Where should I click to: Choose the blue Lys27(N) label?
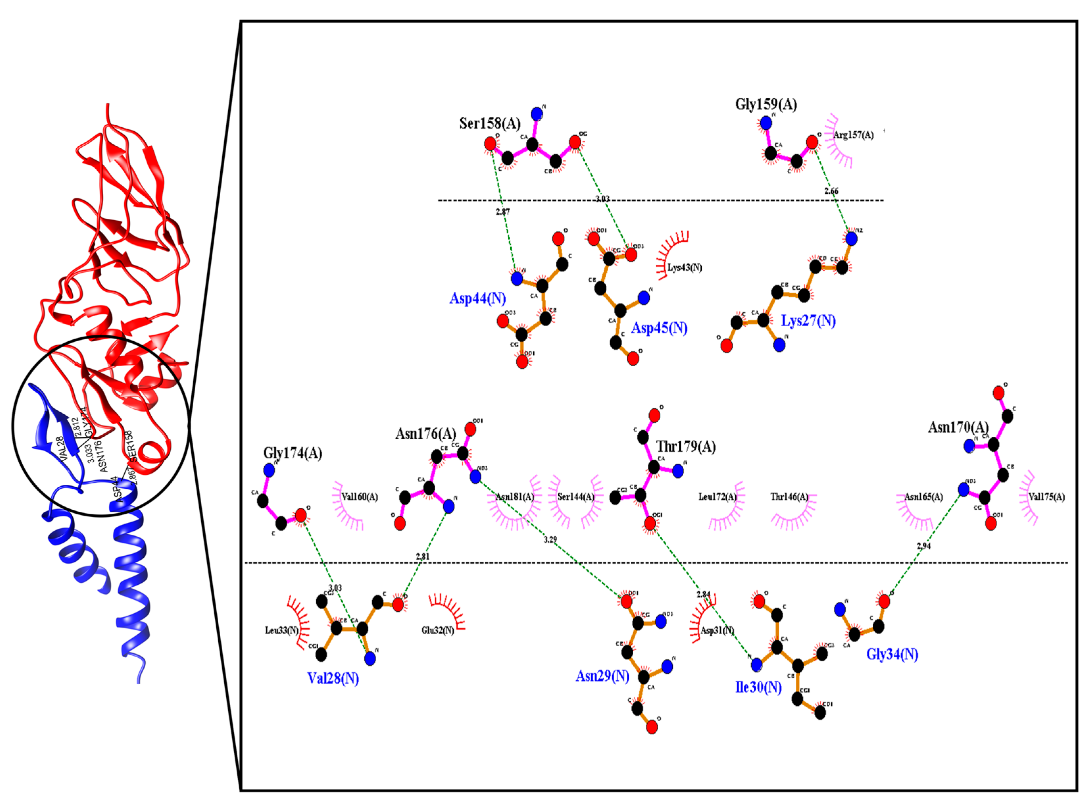[x=808, y=321]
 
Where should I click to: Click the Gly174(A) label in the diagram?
[x=293, y=453]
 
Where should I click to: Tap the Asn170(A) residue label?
[x=959, y=427]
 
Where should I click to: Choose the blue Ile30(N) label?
[x=758, y=687]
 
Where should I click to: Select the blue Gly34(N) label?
[x=892, y=654]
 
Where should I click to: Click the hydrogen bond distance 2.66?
[x=831, y=191]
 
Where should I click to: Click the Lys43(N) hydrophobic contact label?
[x=684, y=267]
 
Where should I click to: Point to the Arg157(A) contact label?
[x=853, y=135]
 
